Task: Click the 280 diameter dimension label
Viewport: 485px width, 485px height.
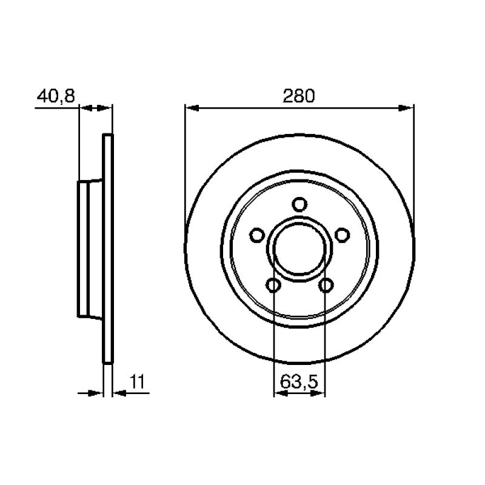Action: click(298, 96)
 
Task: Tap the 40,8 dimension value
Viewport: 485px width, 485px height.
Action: click(56, 96)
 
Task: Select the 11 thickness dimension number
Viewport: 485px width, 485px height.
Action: click(137, 382)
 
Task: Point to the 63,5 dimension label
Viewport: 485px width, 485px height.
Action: click(299, 382)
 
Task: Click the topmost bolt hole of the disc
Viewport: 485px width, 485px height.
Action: click(299, 204)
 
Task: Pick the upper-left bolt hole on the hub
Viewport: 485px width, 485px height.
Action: click(257, 235)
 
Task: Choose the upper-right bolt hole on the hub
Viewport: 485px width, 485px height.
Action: click(342, 235)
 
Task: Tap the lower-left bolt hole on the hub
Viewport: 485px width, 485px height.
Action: click(273, 285)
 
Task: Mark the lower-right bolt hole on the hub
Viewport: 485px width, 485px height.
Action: click(326, 285)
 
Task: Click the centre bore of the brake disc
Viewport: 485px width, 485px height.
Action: click(299, 249)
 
